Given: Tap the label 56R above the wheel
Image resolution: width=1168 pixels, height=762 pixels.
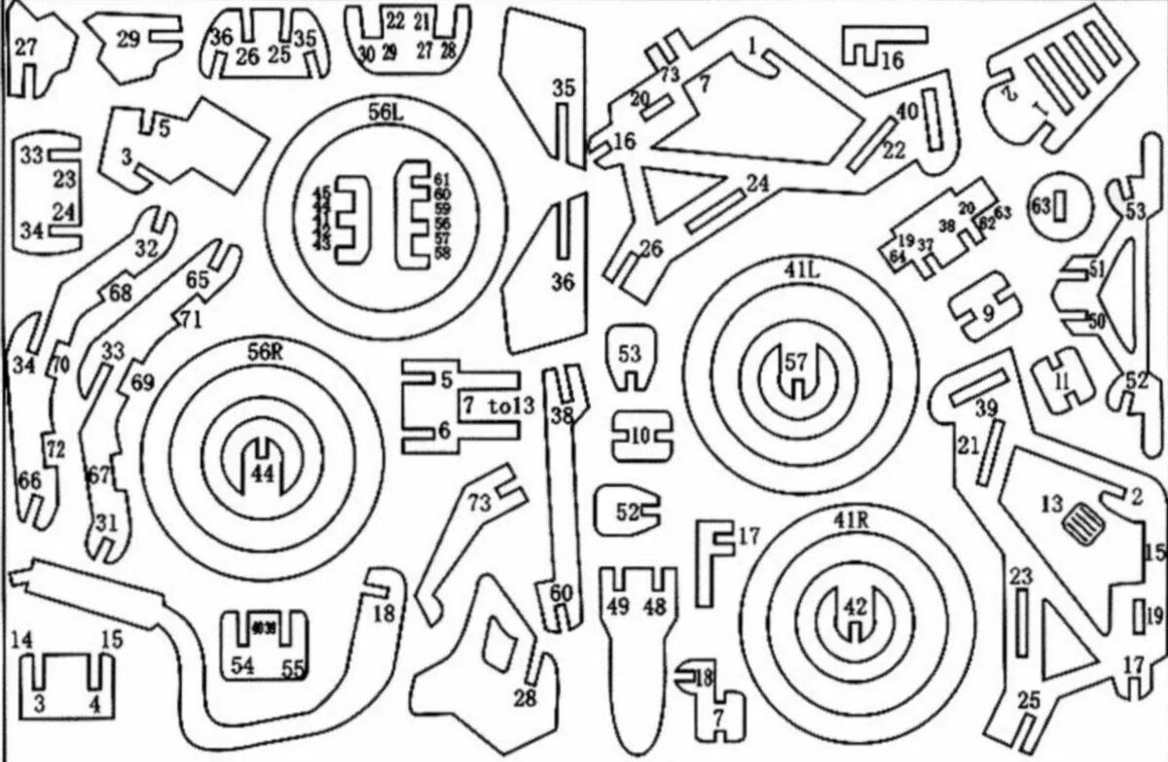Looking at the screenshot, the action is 263,352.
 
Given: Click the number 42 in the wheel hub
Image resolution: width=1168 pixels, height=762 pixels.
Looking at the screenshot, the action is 854,606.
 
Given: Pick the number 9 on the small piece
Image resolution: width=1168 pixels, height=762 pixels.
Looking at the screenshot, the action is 988,312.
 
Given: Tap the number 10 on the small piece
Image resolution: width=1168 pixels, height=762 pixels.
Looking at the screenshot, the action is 638,437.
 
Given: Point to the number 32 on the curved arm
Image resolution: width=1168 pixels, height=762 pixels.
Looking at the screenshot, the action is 146,248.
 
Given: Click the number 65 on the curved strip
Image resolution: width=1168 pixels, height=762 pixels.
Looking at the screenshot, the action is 198,279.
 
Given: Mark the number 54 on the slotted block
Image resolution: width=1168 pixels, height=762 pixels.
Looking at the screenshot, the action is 243,664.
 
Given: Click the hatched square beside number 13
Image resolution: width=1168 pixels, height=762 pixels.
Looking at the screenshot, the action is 1082,526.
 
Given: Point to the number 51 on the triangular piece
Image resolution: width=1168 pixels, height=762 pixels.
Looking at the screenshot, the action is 1097,270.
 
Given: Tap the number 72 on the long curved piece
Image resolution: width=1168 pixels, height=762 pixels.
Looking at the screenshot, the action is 55,450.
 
